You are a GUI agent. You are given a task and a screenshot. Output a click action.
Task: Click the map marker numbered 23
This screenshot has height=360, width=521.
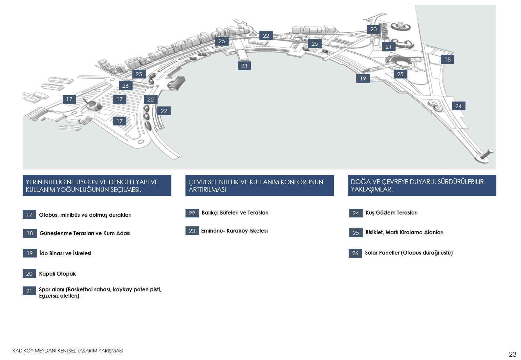click(x=244, y=66)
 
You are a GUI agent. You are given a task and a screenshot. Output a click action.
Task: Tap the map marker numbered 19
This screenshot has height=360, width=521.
click(x=363, y=79)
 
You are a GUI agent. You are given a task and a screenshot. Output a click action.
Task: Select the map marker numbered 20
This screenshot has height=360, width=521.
click(x=374, y=29)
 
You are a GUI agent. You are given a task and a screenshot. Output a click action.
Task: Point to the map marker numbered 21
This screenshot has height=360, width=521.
click(x=388, y=47)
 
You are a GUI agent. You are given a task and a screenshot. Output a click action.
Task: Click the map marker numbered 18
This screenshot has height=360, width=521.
click(x=447, y=59)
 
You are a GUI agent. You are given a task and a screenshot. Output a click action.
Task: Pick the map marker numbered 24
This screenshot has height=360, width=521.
click(x=458, y=106)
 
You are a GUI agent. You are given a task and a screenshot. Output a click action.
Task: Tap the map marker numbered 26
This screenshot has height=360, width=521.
click(x=126, y=86)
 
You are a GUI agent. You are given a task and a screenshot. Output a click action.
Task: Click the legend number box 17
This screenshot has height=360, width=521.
click(x=29, y=215)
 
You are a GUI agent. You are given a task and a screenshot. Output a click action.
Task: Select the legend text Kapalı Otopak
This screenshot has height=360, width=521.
click(x=57, y=274)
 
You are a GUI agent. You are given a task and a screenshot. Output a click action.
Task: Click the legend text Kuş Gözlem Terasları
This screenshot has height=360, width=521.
click(x=391, y=213)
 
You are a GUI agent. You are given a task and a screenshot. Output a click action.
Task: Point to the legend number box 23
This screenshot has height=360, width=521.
click(x=192, y=231)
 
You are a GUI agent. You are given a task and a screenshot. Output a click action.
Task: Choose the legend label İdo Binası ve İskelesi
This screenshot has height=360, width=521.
click(x=65, y=253)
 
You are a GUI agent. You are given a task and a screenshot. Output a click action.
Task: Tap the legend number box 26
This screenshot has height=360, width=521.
click(x=355, y=253)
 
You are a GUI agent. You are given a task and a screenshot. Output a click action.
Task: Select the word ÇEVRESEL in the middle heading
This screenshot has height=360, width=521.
click(x=202, y=182)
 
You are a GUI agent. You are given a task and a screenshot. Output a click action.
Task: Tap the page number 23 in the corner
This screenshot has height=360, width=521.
click(x=512, y=354)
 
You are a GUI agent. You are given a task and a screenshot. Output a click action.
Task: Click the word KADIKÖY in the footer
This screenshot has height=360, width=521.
click(x=23, y=351)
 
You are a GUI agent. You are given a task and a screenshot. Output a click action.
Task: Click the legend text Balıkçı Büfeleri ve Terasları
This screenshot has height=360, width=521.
click(x=235, y=213)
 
